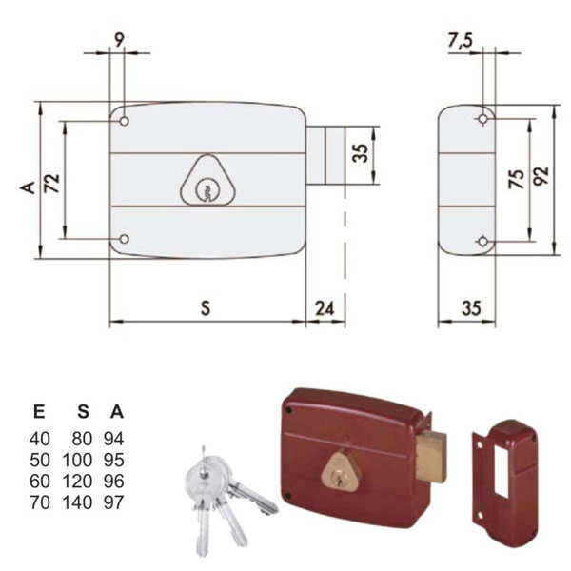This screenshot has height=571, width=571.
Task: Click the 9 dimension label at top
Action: coord(119,39)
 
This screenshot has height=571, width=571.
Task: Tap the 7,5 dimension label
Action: coord(460,40)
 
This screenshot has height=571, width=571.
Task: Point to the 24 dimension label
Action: coord(325,308)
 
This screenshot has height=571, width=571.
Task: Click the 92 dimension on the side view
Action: coord(542,176)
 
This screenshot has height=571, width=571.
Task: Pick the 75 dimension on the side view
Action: coord(517,179)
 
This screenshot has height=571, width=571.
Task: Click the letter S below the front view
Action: coord(206,308)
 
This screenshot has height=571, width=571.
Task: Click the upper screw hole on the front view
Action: coord(124,121)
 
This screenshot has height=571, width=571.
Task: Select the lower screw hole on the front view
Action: coord(124,239)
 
